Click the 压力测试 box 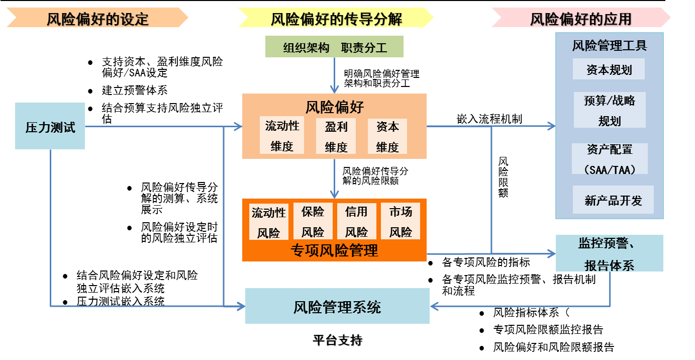click(50, 126)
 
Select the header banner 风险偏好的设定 click(97, 18)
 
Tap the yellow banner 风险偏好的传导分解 click(336, 18)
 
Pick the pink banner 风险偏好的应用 click(581, 18)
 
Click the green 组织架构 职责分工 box click(334, 47)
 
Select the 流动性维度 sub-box click(282, 135)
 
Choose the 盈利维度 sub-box click(336, 136)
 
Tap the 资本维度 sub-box click(387, 136)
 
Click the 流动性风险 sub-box click(268, 222)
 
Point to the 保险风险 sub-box click(313, 221)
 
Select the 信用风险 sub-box click(356, 221)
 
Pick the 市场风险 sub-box click(401, 221)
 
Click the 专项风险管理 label click(334, 250)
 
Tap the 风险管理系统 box click(337, 306)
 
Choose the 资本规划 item click(609, 69)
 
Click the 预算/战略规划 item click(610, 110)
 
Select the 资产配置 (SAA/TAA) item click(610, 159)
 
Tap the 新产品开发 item click(613, 200)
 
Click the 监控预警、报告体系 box click(609, 253)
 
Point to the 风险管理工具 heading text click(609, 46)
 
